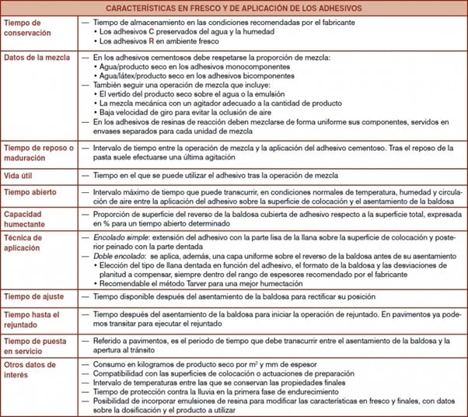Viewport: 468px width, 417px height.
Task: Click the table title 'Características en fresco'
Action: coord(234,9)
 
